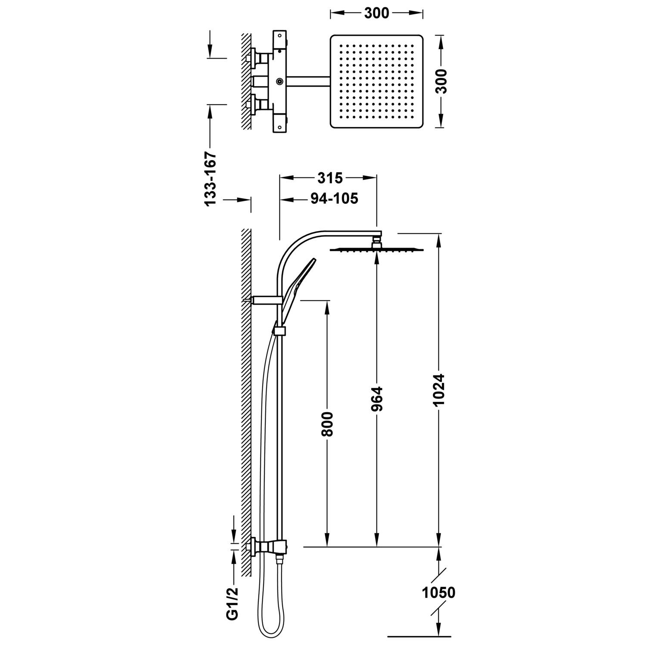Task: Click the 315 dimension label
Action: (x=330, y=178)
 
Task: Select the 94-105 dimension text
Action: (x=334, y=199)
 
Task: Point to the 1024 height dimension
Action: (x=438, y=390)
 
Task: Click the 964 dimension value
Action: (x=377, y=399)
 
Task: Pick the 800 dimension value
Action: (x=327, y=424)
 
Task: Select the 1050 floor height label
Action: (x=438, y=593)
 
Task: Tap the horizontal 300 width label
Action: (x=376, y=13)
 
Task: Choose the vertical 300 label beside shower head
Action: (x=441, y=81)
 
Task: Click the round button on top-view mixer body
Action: (x=280, y=81)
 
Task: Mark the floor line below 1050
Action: (x=419, y=636)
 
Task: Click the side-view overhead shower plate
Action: (x=377, y=250)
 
